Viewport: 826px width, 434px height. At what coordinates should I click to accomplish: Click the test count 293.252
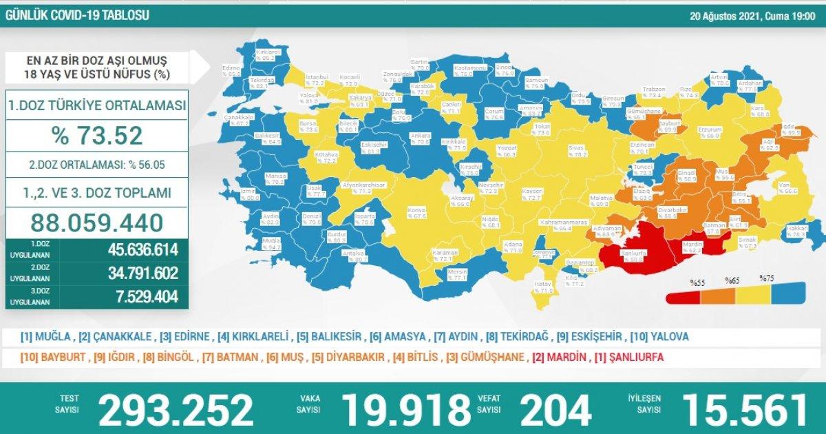[x=176, y=411]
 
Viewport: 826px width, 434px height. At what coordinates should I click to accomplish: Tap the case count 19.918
[x=406, y=411]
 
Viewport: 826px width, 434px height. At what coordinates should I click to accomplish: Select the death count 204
[x=555, y=411]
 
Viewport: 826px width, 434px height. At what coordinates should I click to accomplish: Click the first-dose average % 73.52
[x=97, y=135]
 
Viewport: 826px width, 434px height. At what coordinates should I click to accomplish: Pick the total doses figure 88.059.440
[x=97, y=223]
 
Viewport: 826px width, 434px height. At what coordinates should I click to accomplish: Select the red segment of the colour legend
[x=684, y=297]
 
